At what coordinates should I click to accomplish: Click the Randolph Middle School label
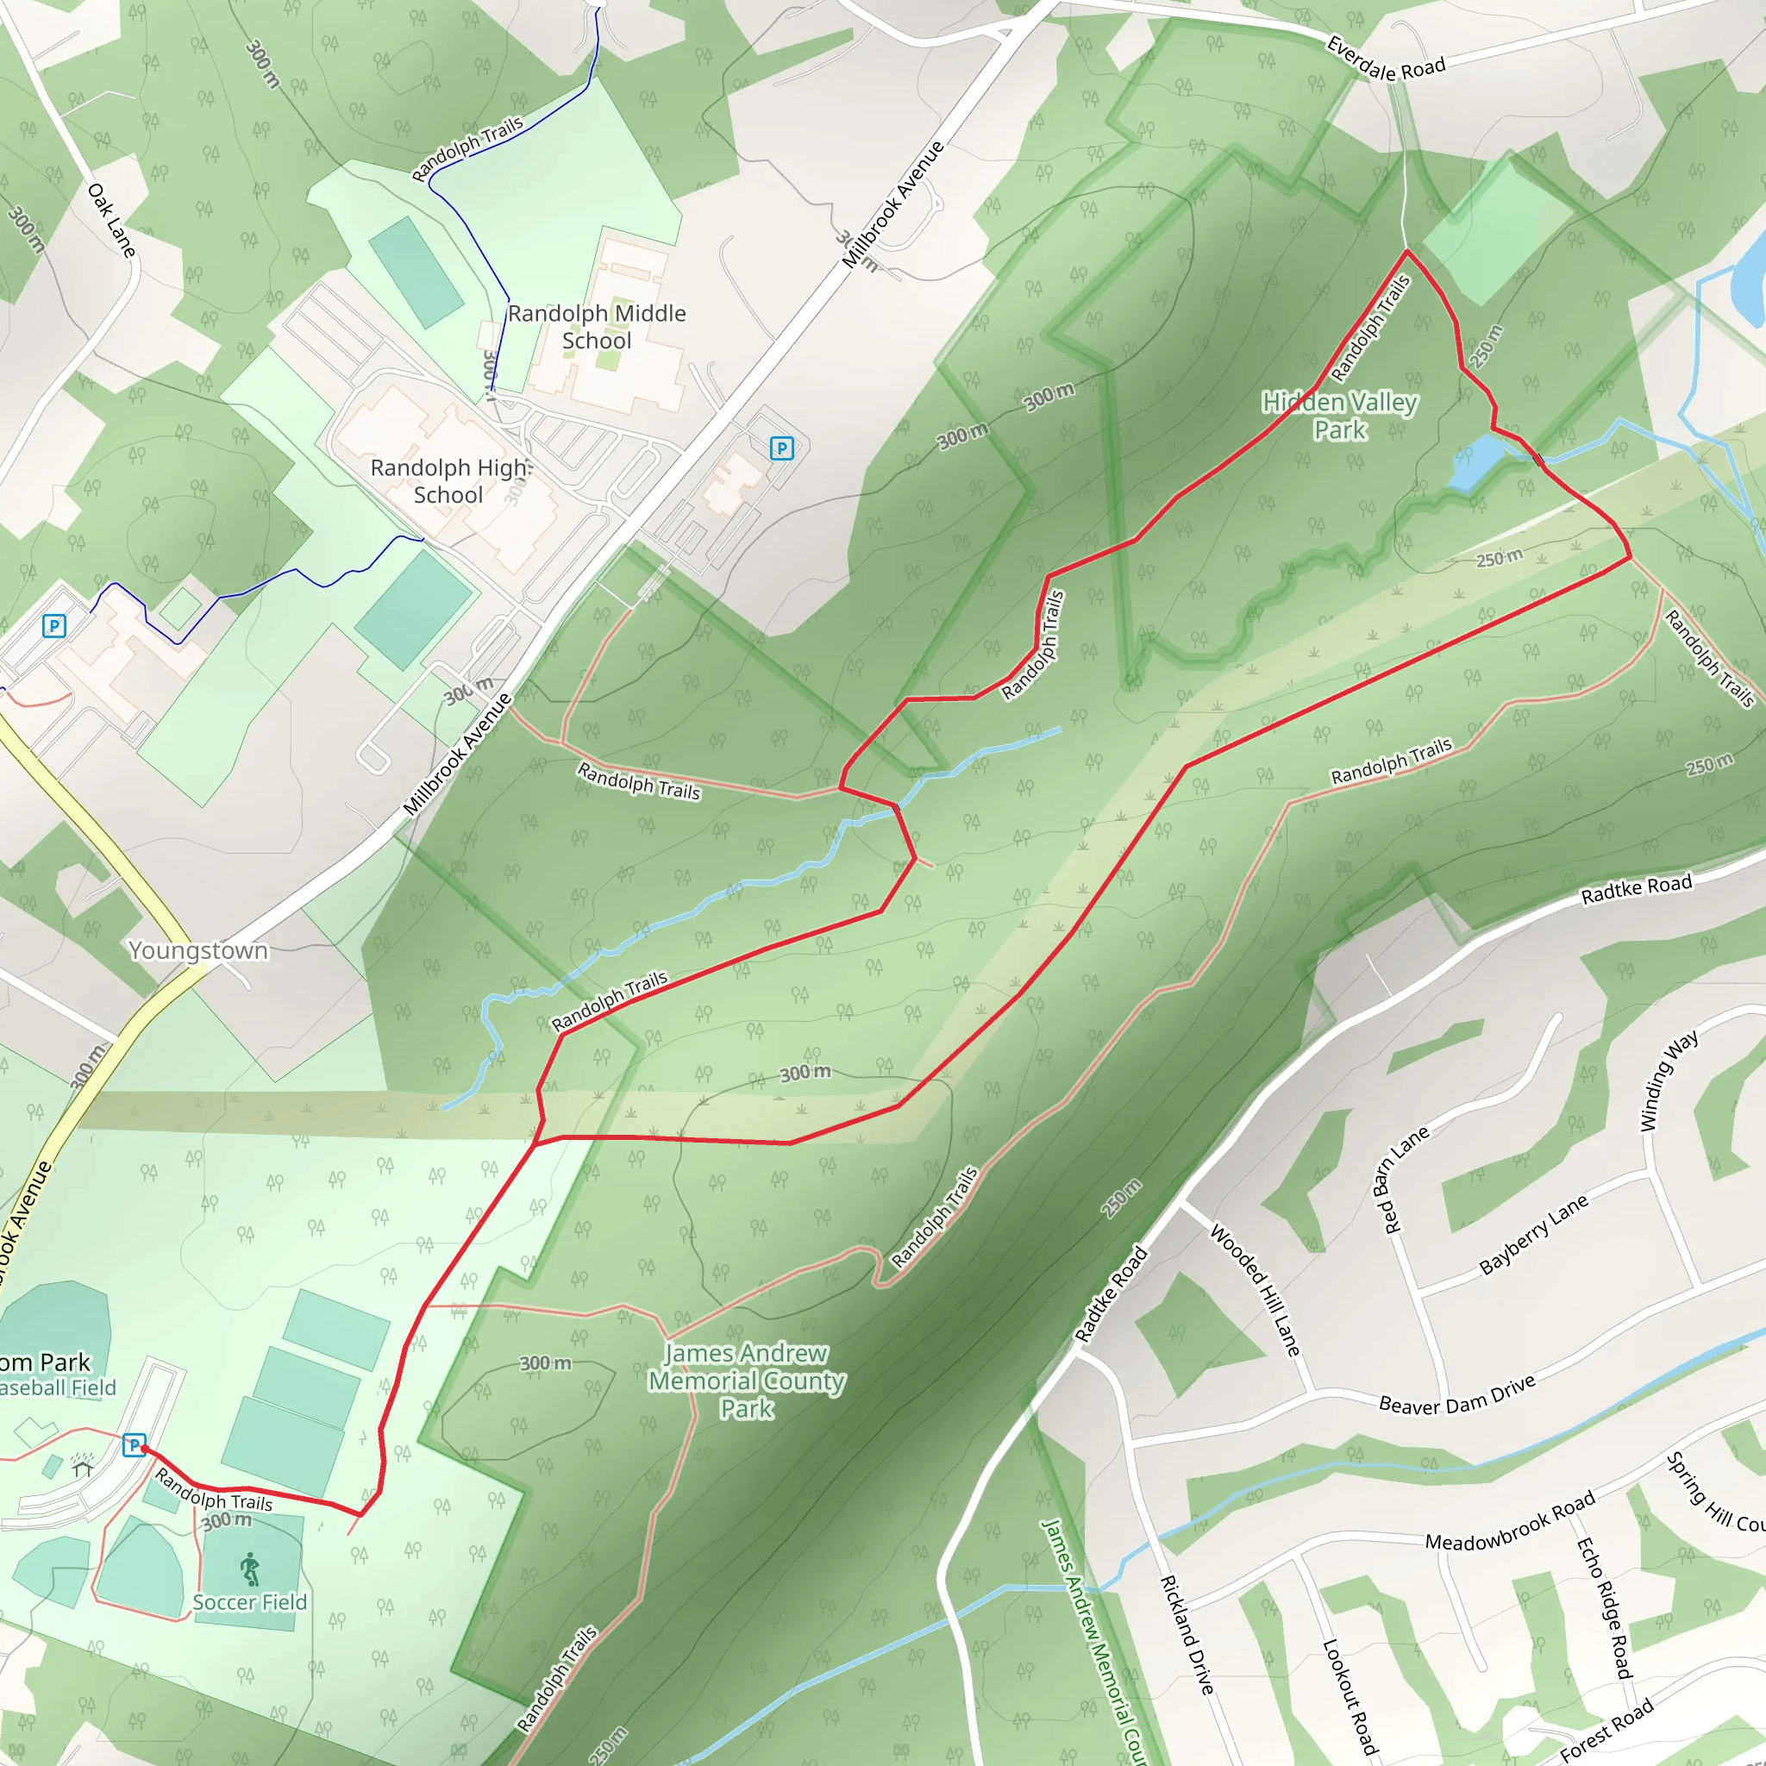[x=596, y=326]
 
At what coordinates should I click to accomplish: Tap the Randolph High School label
[x=448, y=481]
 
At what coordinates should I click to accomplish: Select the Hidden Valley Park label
[x=1339, y=415]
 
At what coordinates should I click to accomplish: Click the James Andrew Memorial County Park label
[x=746, y=1381]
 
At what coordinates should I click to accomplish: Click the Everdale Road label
[x=1386, y=59]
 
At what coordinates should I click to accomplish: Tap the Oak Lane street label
[x=111, y=219]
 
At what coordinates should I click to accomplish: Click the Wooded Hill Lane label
[x=1254, y=1290]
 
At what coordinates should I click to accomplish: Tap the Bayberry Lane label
[x=1534, y=1234]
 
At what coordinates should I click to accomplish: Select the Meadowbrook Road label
[x=1510, y=1521]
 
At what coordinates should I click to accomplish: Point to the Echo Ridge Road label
[x=1603, y=1608]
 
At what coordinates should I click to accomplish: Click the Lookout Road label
[x=1350, y=1695]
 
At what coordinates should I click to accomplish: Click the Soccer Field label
[x=249, y=1602]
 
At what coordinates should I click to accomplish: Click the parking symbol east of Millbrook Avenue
[x=781, y=448]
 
